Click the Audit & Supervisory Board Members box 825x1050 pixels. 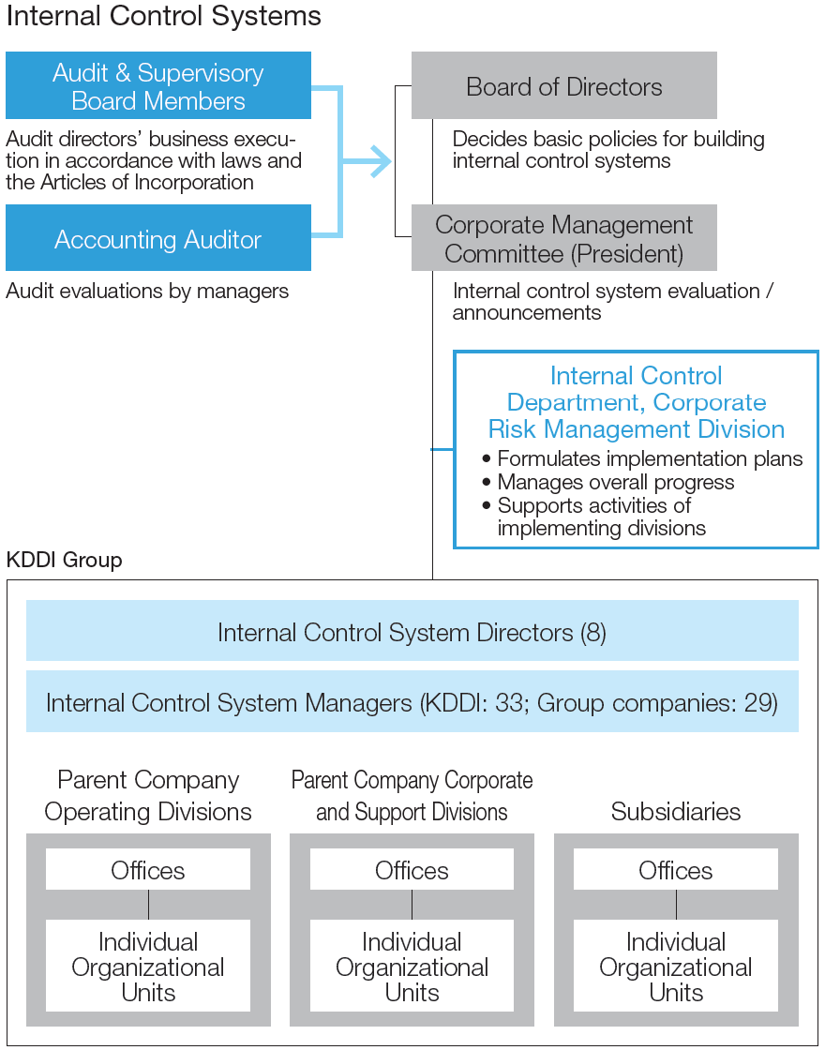point(158,85)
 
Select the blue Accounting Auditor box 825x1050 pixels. point(158,238)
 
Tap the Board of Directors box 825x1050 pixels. point(563,85)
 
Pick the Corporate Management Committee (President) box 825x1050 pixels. point(563,238)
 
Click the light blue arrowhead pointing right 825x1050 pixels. point(381,161)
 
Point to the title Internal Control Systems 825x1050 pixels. point(163,16)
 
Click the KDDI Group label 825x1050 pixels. point(65,560)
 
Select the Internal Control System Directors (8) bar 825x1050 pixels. point(412,631)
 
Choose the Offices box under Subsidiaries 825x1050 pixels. point(676,869)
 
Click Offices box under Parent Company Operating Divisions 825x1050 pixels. point(148,869)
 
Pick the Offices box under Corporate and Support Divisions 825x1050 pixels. point(412,869)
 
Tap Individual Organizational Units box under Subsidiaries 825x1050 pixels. point(676,966)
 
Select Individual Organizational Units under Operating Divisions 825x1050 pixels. point(148,966)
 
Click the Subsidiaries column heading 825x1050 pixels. point(676,812)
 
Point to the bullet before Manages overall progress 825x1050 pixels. point(487,483)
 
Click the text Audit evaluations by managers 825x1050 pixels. point(147,292)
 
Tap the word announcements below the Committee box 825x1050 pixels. point(527,313)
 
